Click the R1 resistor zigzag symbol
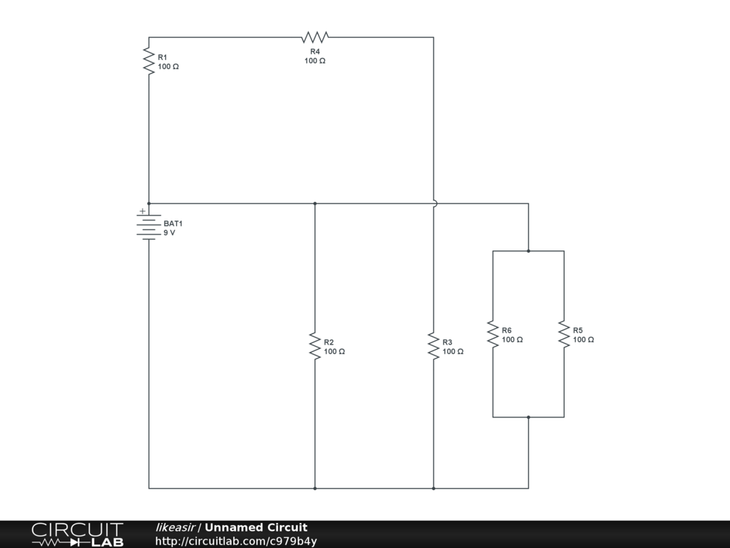[149, 61]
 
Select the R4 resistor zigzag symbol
[314, 37]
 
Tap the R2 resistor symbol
[314, 345]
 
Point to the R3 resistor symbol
[433, 345]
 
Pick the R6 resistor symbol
[493, 334]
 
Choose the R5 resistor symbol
[564, 334]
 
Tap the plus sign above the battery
[142, 211]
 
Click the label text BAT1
[173, 223]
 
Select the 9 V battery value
[169, 233]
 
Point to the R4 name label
[314, 51]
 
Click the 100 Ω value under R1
[168, 66]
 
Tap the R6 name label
[506, 330]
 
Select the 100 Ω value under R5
[583, 340]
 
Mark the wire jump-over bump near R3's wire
[434, 203]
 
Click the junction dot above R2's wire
[314, 203]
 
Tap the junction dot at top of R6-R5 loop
[528, 251]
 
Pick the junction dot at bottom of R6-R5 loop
[528, 417]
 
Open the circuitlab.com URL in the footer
[236, 541]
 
